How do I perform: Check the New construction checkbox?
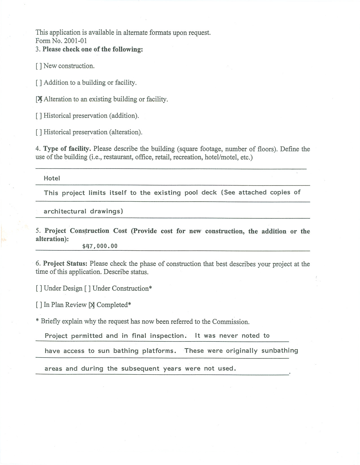tap(39, 66)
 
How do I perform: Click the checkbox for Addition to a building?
tap(39, 83)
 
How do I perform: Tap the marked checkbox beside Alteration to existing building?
tap(39, 99)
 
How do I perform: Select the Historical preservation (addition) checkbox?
tap(39, 116)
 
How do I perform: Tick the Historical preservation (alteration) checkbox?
tap(39, 132)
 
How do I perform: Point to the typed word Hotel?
tap(52, 178)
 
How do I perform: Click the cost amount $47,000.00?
tap(100, 246)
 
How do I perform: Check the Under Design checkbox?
tap(39, 288)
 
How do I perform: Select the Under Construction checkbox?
tap(87, 288)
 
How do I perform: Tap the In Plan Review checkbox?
tap(39, 305)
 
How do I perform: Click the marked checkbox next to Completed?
tap(92, 305)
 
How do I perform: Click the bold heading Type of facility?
tap(67, 149)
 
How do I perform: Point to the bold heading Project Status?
tap(65, 264)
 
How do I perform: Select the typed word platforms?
tap(159, 351)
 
